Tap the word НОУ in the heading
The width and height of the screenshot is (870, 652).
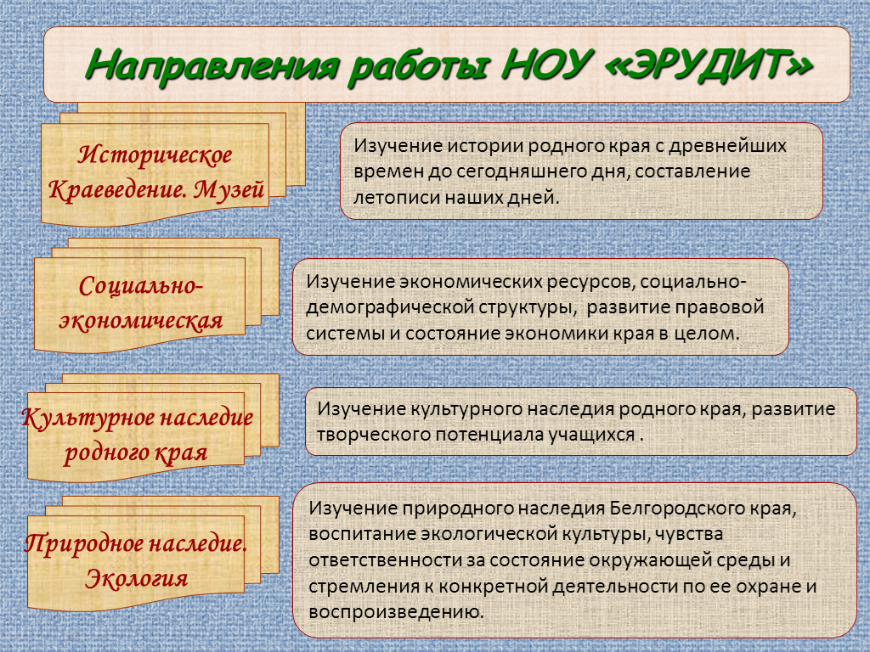click(545, 65)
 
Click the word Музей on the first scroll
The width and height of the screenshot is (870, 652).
click(229, 190)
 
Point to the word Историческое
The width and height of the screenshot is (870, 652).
click(155, 155)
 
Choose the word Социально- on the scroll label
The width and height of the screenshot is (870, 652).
click(141, 286)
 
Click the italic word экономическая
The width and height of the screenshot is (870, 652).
click(141, 321)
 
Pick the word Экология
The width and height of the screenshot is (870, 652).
click(137, 579)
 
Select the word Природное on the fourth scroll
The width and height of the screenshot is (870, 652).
click(83, 543)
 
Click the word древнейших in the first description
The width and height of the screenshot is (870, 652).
click(727, 146)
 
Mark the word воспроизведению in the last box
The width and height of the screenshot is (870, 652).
click(396, 613)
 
